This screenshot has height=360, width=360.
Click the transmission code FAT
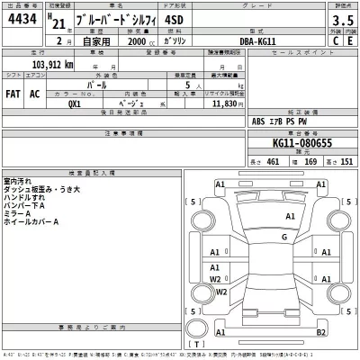tap(14, 93)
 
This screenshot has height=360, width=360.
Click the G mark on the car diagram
tap(283, 238)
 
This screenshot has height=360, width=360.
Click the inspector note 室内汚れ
tap(19, 180)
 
